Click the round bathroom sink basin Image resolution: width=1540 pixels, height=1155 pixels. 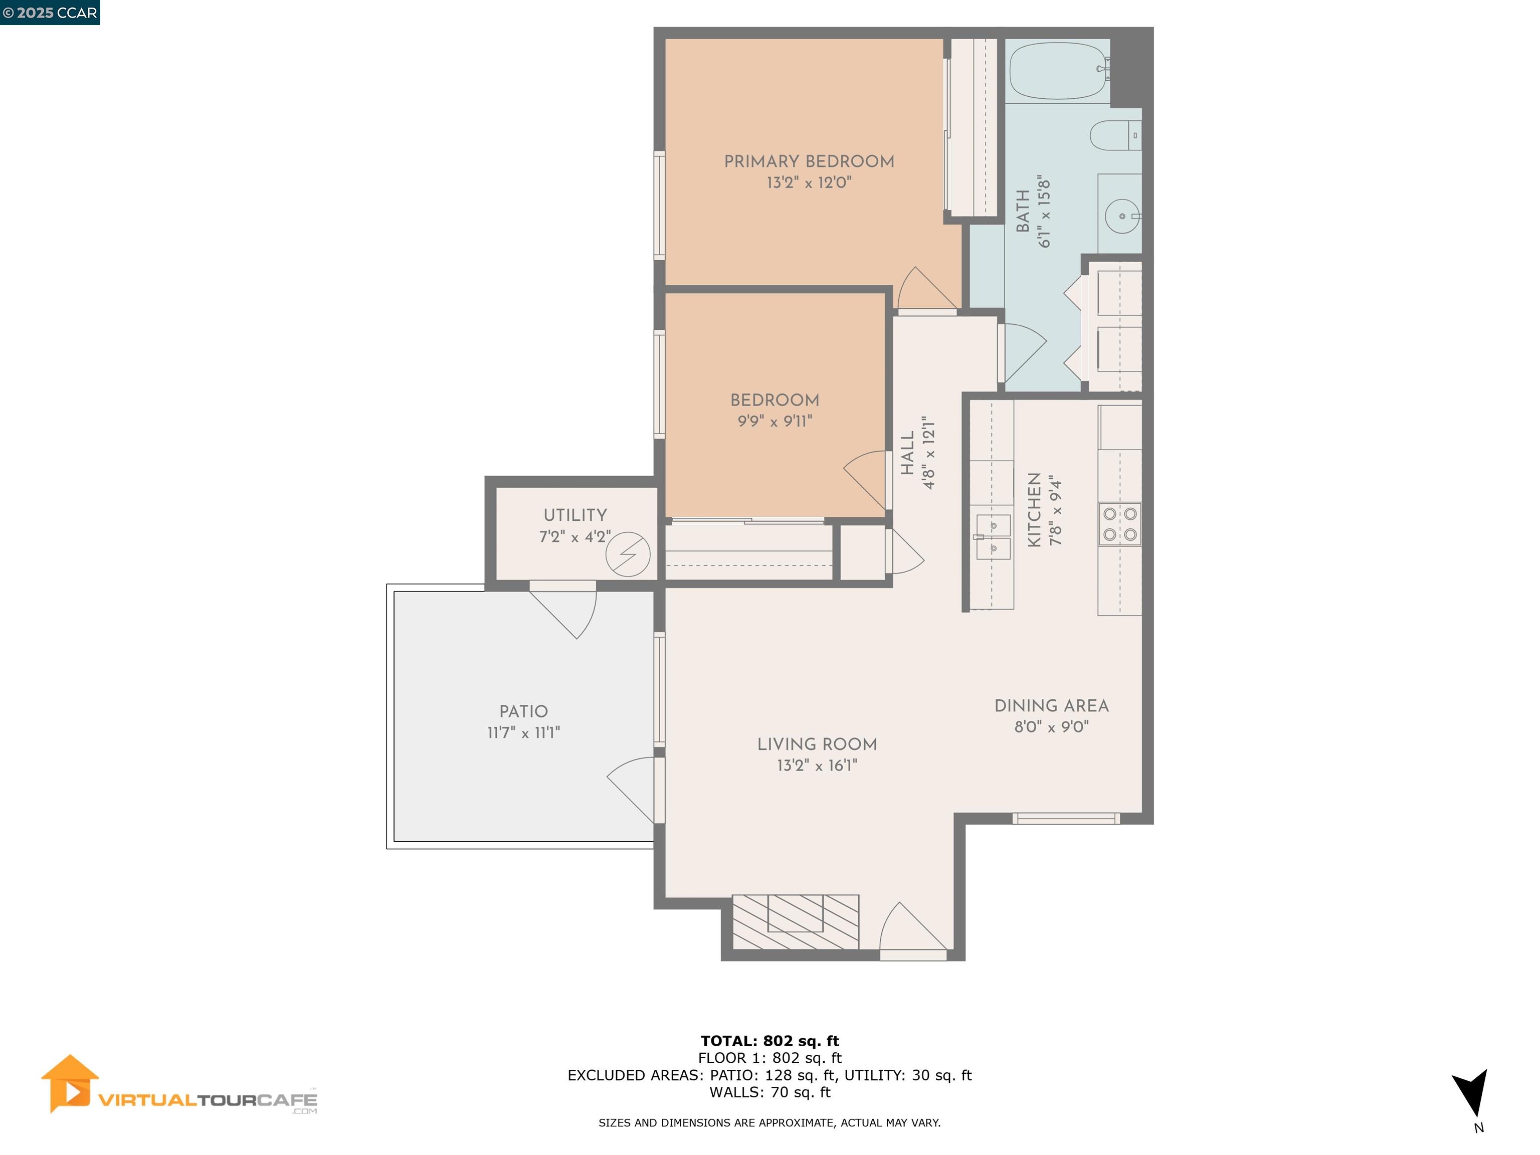coord(1121,216)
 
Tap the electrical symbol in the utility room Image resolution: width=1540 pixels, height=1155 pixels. coord(627,554)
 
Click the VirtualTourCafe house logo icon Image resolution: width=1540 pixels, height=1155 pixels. coord(69,1083)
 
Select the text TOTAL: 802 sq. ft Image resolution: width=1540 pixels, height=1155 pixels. coord(769,1041)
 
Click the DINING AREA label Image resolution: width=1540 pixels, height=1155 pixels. coord(1051,705)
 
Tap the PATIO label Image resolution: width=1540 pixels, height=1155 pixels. coord(523,711)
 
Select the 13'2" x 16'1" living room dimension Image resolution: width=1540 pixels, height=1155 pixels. coord(817,765)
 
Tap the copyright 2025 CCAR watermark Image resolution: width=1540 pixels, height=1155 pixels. coord(50,13)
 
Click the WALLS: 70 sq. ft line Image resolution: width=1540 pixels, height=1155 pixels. coord(769,1092)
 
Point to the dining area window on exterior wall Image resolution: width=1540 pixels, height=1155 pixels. coord(1065,819)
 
